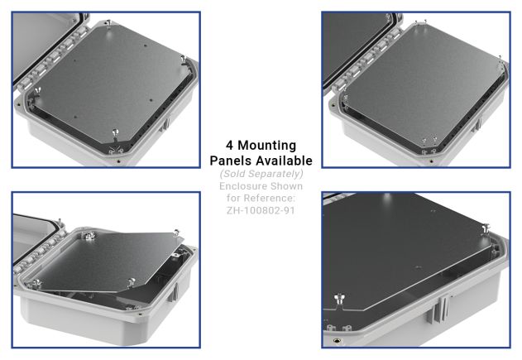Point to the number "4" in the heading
click(230, 146)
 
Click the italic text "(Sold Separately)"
click(261, 174)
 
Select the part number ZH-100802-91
click(261, 210)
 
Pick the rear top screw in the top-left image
click(106, 26)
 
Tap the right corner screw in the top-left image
click(184, 60)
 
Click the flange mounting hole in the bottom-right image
click(338, 339)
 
